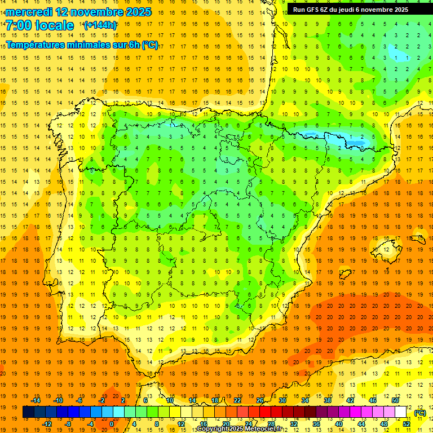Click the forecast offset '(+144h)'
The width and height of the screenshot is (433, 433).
click(x=100, y=25)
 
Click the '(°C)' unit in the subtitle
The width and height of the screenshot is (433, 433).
click(x=150, y=45)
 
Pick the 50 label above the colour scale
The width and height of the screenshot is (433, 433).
click(x=395, y=400)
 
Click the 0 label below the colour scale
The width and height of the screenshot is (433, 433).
click(x=111, y=423)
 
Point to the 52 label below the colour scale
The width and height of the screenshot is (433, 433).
click(x=406, y=423)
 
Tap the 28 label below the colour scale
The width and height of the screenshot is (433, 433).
click(x=271, y=423)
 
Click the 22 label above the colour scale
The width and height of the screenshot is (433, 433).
click(x=237, y=400)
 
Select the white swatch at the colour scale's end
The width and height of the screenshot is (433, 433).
click(x=401, y=412)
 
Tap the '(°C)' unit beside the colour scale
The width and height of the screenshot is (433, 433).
click(x=419, y=413)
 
